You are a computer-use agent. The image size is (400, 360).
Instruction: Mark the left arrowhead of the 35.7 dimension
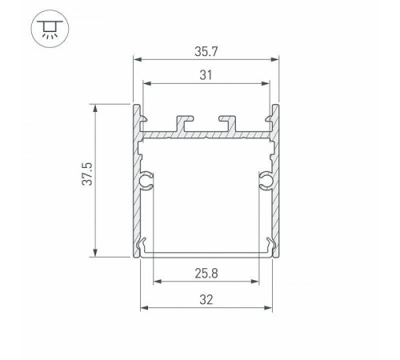135,59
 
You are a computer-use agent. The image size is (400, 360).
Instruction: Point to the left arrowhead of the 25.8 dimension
155,282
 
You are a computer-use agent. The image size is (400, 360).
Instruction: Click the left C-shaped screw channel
146,181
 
